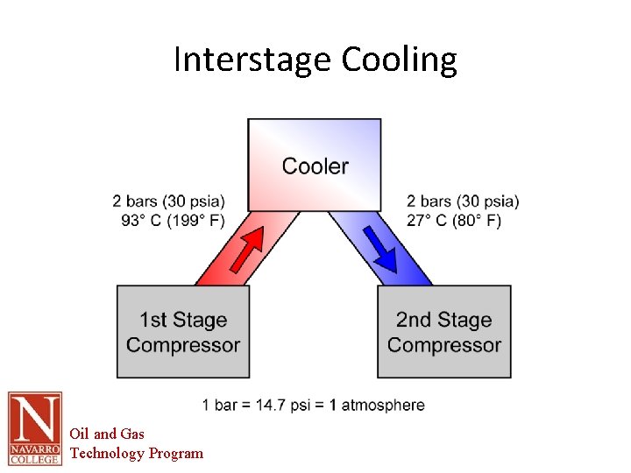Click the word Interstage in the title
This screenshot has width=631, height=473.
pyautogui.click(x=252, y=60)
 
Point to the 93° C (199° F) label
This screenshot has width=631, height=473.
pyautogui.click(x=174, y=220)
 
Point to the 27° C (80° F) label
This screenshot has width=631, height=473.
pyautogui.click(x=454, y=220)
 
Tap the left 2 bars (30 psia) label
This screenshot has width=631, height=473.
pyautogui.click(x=168, y=201)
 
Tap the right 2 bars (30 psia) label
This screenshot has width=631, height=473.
pyautogui.click(x=463, y=201)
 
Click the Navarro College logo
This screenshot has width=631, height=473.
pyautogui.click(x=35, y=427)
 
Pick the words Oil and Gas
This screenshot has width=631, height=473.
pyautogui.click(x=107, y=434)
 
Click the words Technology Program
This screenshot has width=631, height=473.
pyautogui.click(x=136, y=453)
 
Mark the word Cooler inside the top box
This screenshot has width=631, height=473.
pyautogui.click(x=315, y=166)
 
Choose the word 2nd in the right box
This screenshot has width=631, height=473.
pyautogui.click(x=414, y=321)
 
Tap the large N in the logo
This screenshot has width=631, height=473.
pyautogui.click(x=35, y=419)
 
